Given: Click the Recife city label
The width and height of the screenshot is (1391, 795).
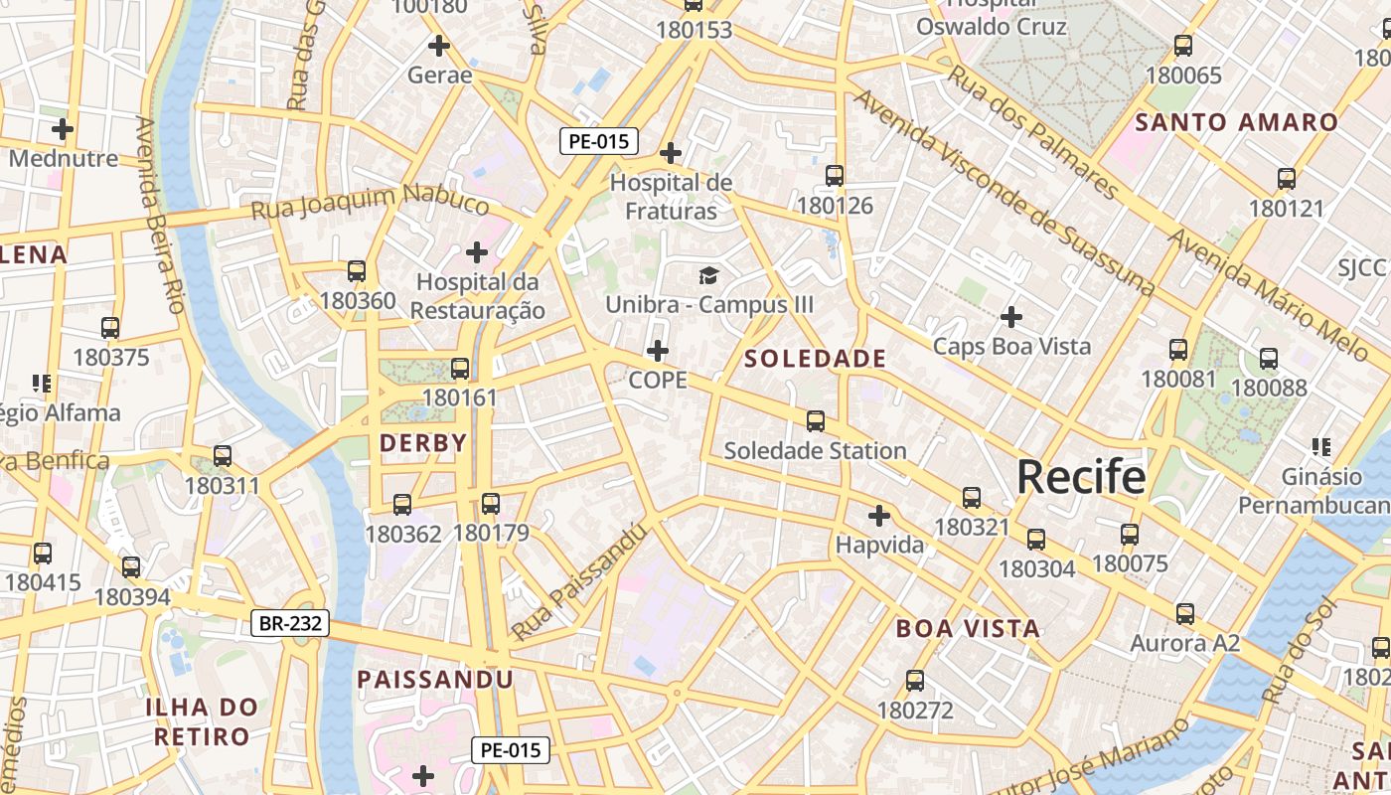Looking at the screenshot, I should (1081, 477).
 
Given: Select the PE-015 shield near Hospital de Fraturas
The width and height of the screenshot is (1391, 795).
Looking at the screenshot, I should (598, 141).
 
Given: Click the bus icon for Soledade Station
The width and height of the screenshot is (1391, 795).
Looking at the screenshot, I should (816, 421).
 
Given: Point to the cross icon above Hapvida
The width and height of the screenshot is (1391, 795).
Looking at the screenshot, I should (879, 516).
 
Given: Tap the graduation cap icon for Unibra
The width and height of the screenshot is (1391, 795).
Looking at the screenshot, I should (708, 275).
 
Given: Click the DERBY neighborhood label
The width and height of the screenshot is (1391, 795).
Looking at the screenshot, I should (423, 443).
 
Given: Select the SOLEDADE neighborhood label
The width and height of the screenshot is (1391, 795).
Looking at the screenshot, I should (815, 359).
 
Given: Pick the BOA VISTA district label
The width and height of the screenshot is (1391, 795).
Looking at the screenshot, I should (968, 628).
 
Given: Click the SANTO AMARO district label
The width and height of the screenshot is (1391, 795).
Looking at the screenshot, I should (1237, 123).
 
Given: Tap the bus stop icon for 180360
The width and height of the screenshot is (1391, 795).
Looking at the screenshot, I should (357, 271).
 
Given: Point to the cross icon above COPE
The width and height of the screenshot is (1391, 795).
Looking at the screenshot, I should (658, 351).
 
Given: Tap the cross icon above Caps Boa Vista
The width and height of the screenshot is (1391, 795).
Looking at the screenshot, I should (1011, 317).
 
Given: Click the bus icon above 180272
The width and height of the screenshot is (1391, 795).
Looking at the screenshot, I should (915, 681).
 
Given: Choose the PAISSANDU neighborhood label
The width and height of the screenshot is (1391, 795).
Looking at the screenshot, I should (435, 680).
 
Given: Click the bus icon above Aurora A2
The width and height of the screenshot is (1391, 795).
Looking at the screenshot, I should (1185, 614).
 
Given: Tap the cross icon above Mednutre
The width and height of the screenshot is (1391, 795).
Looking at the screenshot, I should (63, 129).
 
